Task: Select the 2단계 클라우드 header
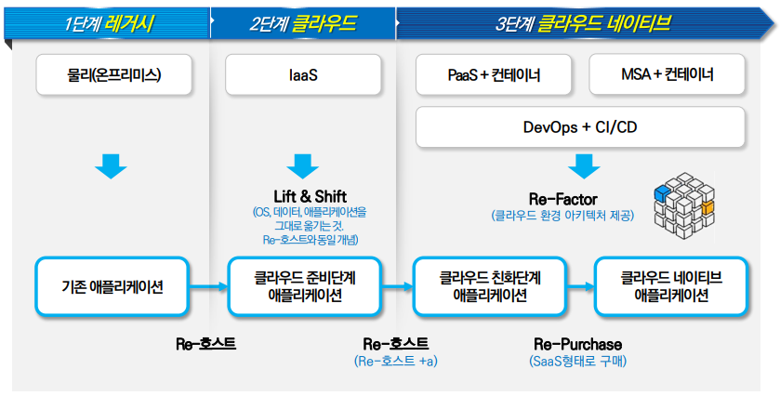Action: [x=303, y=23]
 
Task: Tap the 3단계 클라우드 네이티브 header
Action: [x=582, y=23]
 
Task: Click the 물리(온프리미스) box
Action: [x=113, y=74]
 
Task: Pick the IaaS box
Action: [x=303, y=74]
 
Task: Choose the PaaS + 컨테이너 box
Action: [x=494, y=74]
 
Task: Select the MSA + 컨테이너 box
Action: [x=668, y=74]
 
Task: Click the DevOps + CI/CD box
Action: [x=580, y=126]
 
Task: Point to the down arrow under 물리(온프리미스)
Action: [x=111, y=166]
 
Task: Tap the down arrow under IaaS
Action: [x=302, y=166]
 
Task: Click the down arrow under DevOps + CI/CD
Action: [x=584, y=166]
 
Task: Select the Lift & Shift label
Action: [x=310, y=196]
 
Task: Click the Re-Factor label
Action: [x=563, y=200]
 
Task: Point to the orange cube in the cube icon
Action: [x=707, y=207]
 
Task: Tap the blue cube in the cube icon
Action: [x=662, y=193]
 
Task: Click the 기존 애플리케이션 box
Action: [x=112, y=286]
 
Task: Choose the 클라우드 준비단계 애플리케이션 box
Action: [x=304, y=286]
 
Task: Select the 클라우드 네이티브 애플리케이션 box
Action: [x=671, y=286]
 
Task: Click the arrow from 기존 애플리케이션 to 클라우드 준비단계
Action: [x=208, y=286]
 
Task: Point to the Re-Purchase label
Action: [x=578, y=344]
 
